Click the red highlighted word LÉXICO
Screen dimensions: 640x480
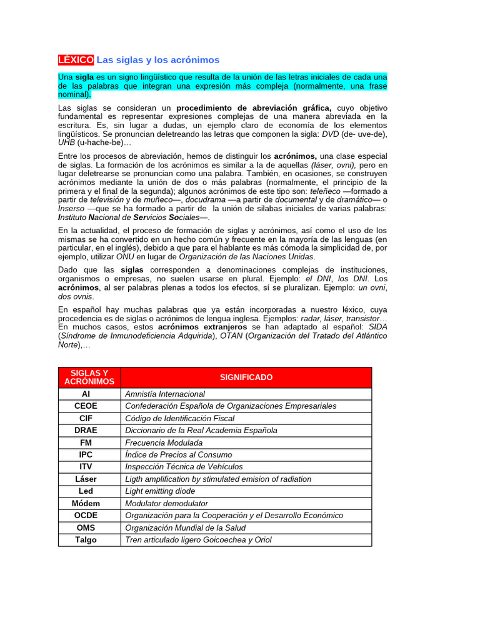point(76,60)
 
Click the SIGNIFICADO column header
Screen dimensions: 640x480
point(246,377)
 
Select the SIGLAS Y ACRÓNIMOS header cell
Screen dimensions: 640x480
point(89,377)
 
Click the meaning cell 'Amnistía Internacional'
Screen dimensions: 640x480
point(165,394)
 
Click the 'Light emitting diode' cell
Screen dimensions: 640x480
point(160,491)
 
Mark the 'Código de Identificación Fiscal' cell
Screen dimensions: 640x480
point(180,419)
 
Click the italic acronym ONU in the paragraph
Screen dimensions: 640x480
point(125,256)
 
